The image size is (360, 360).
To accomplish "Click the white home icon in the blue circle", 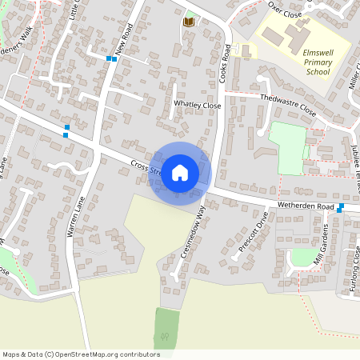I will point(180,172).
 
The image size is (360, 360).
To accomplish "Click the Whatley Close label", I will point(197,105).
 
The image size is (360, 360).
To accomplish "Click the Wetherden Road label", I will point(304,206).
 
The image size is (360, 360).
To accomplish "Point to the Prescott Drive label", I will point(254,233).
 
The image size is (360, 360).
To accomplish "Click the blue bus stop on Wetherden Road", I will point(341,207).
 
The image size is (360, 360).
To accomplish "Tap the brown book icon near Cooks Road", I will point(189,22).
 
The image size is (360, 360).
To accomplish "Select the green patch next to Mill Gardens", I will point(302,257).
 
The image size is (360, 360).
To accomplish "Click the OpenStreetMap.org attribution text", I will point(81,354).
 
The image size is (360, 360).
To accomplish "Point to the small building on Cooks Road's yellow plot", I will point(246,50).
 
